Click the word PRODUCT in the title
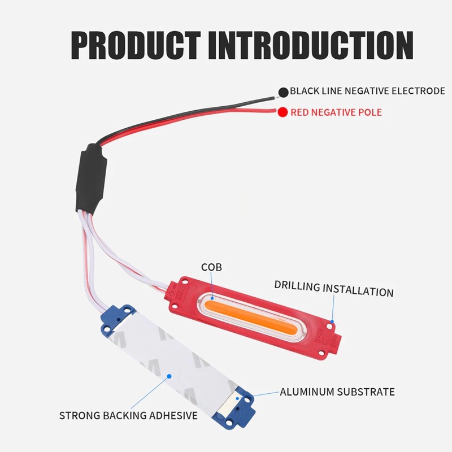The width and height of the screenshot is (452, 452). [x=136, y=46]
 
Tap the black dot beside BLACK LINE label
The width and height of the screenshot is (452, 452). [x=284, y=92]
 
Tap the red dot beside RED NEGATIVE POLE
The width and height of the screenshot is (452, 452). [x=282, y=112]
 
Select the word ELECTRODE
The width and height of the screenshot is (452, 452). [x=418, y=91]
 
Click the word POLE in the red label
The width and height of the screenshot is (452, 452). [x=370, y=112]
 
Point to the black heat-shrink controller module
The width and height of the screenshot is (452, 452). [x=91, y=179]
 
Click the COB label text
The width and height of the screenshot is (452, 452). [x=211, y=267]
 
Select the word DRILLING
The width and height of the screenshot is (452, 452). [x=297, y=285]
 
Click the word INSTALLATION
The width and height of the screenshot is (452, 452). [x=358, y=290]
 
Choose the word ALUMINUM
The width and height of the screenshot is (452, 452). [x=307, y=392]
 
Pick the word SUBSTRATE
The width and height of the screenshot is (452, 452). [x=366, y=392]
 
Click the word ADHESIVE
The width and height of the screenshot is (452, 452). [x=173, y=415]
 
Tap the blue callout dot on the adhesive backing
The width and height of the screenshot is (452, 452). [x=169, y=376]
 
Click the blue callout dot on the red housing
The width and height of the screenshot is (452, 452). [x=332, y=321]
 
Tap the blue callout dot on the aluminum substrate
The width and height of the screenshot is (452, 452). [x=237, y=398]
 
